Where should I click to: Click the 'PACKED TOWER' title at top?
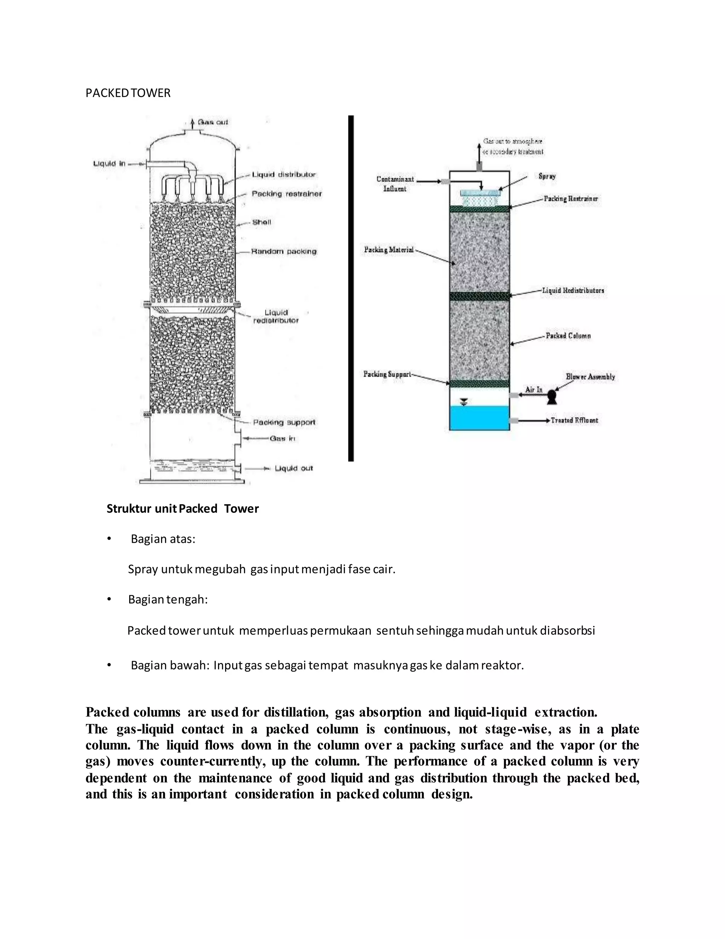[128, 93]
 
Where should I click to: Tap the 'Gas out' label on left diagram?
[213, 122]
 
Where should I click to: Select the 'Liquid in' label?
[109, 163]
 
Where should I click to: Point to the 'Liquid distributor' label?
[284, 175]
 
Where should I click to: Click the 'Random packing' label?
[284, 251]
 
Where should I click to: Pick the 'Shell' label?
[262, 222]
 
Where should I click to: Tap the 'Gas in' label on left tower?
[282, 439]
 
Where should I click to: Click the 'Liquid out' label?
[294, 468]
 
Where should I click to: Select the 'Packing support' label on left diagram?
[284, 422]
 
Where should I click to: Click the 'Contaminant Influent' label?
[395, 184]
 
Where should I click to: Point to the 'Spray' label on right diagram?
[547, 176]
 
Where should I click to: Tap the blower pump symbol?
[552, 397]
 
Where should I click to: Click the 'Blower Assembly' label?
[590, 377]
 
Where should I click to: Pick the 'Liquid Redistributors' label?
[573, 291]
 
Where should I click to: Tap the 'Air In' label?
[534, 389]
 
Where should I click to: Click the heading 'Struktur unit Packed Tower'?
[183, 508]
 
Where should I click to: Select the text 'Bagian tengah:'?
[168, 599]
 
